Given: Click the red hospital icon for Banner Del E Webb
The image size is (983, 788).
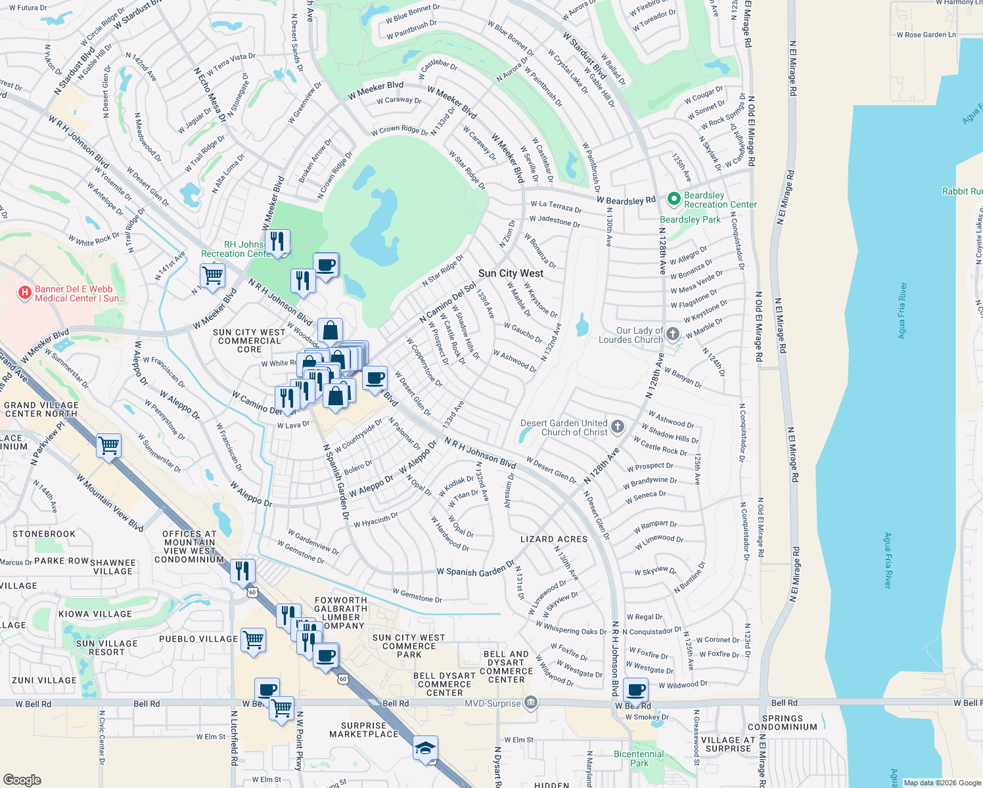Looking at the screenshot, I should [25, 293].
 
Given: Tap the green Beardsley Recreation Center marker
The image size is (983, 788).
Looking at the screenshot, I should [673, 199].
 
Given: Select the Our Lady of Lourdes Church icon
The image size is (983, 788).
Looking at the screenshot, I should [672, 334].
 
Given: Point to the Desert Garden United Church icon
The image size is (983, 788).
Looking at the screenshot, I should [617, 427].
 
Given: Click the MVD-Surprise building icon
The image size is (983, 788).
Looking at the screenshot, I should [531, 703].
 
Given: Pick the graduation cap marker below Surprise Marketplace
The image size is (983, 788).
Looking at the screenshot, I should [425, 748].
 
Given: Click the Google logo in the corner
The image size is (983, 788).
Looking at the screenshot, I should [22, 779].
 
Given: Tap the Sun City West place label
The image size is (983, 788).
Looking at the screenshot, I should [511, 273].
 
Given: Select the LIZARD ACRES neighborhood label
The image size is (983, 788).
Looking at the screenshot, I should [554, 539].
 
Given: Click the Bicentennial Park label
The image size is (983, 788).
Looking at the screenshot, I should [639, 758].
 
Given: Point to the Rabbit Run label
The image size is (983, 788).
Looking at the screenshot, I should [962, 191].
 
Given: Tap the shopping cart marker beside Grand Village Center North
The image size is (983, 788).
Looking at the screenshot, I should [108, 445].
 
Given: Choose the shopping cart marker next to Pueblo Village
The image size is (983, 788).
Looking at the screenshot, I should [253, 638].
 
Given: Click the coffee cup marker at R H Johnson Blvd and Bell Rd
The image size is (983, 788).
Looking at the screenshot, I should [635, 690].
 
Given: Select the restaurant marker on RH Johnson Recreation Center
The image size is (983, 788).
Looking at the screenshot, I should [277, 241].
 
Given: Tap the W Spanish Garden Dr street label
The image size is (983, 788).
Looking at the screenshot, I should [476, 571].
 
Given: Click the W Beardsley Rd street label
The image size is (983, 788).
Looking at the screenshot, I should [626, 200].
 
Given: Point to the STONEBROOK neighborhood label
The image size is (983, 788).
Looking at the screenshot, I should [44, 534].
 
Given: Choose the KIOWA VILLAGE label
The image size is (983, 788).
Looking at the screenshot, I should [95, 614].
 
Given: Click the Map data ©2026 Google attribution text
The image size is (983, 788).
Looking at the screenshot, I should [942, 783].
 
